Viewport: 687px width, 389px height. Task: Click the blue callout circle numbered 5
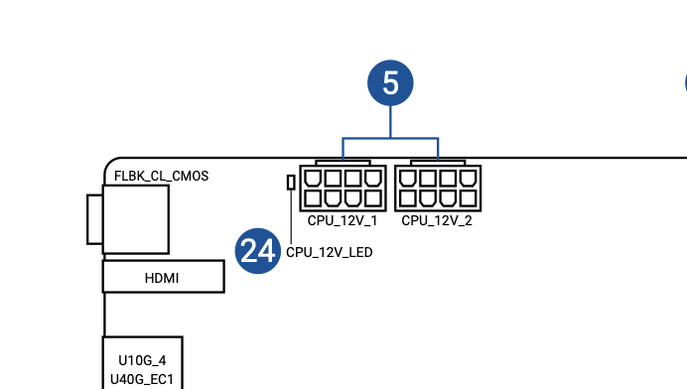click(x=390, y=82)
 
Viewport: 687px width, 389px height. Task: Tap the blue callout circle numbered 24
click(x=258, y=251)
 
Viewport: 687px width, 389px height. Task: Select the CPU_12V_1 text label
click(x=343, y=220)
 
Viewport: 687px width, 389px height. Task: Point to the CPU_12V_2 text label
click(x=437, y=220)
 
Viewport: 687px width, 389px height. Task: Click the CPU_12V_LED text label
click(x=329, y=252)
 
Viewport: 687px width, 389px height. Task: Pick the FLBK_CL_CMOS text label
click(x=161, y=176)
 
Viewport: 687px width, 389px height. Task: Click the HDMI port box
click(x=164, y=277)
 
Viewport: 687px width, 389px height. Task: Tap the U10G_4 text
click(x=142, y=360)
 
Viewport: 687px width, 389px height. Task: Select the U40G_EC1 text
click(x=142, y=379)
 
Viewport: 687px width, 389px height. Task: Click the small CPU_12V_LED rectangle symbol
click(x=291, y=183)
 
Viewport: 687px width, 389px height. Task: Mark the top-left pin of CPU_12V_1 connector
click(x=313, y=179)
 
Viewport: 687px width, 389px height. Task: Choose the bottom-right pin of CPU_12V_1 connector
click(x=373, y=198)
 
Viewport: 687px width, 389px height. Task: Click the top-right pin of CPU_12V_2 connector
click(x=468, y=179)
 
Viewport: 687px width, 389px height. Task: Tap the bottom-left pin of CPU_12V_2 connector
click(x=407, y=198)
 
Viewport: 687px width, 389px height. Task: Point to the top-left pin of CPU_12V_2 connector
click(x=407, y=179)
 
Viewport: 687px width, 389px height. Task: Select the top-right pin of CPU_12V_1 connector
click(x=373, y=179)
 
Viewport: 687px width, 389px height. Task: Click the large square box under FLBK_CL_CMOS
click(x=136, y=219)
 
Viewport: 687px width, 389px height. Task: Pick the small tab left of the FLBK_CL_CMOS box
click(x=95, y=219)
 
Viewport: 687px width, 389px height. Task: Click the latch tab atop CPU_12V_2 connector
click(x=438, y=163)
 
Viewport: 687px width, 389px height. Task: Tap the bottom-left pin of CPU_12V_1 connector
click(x=313, y=198)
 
